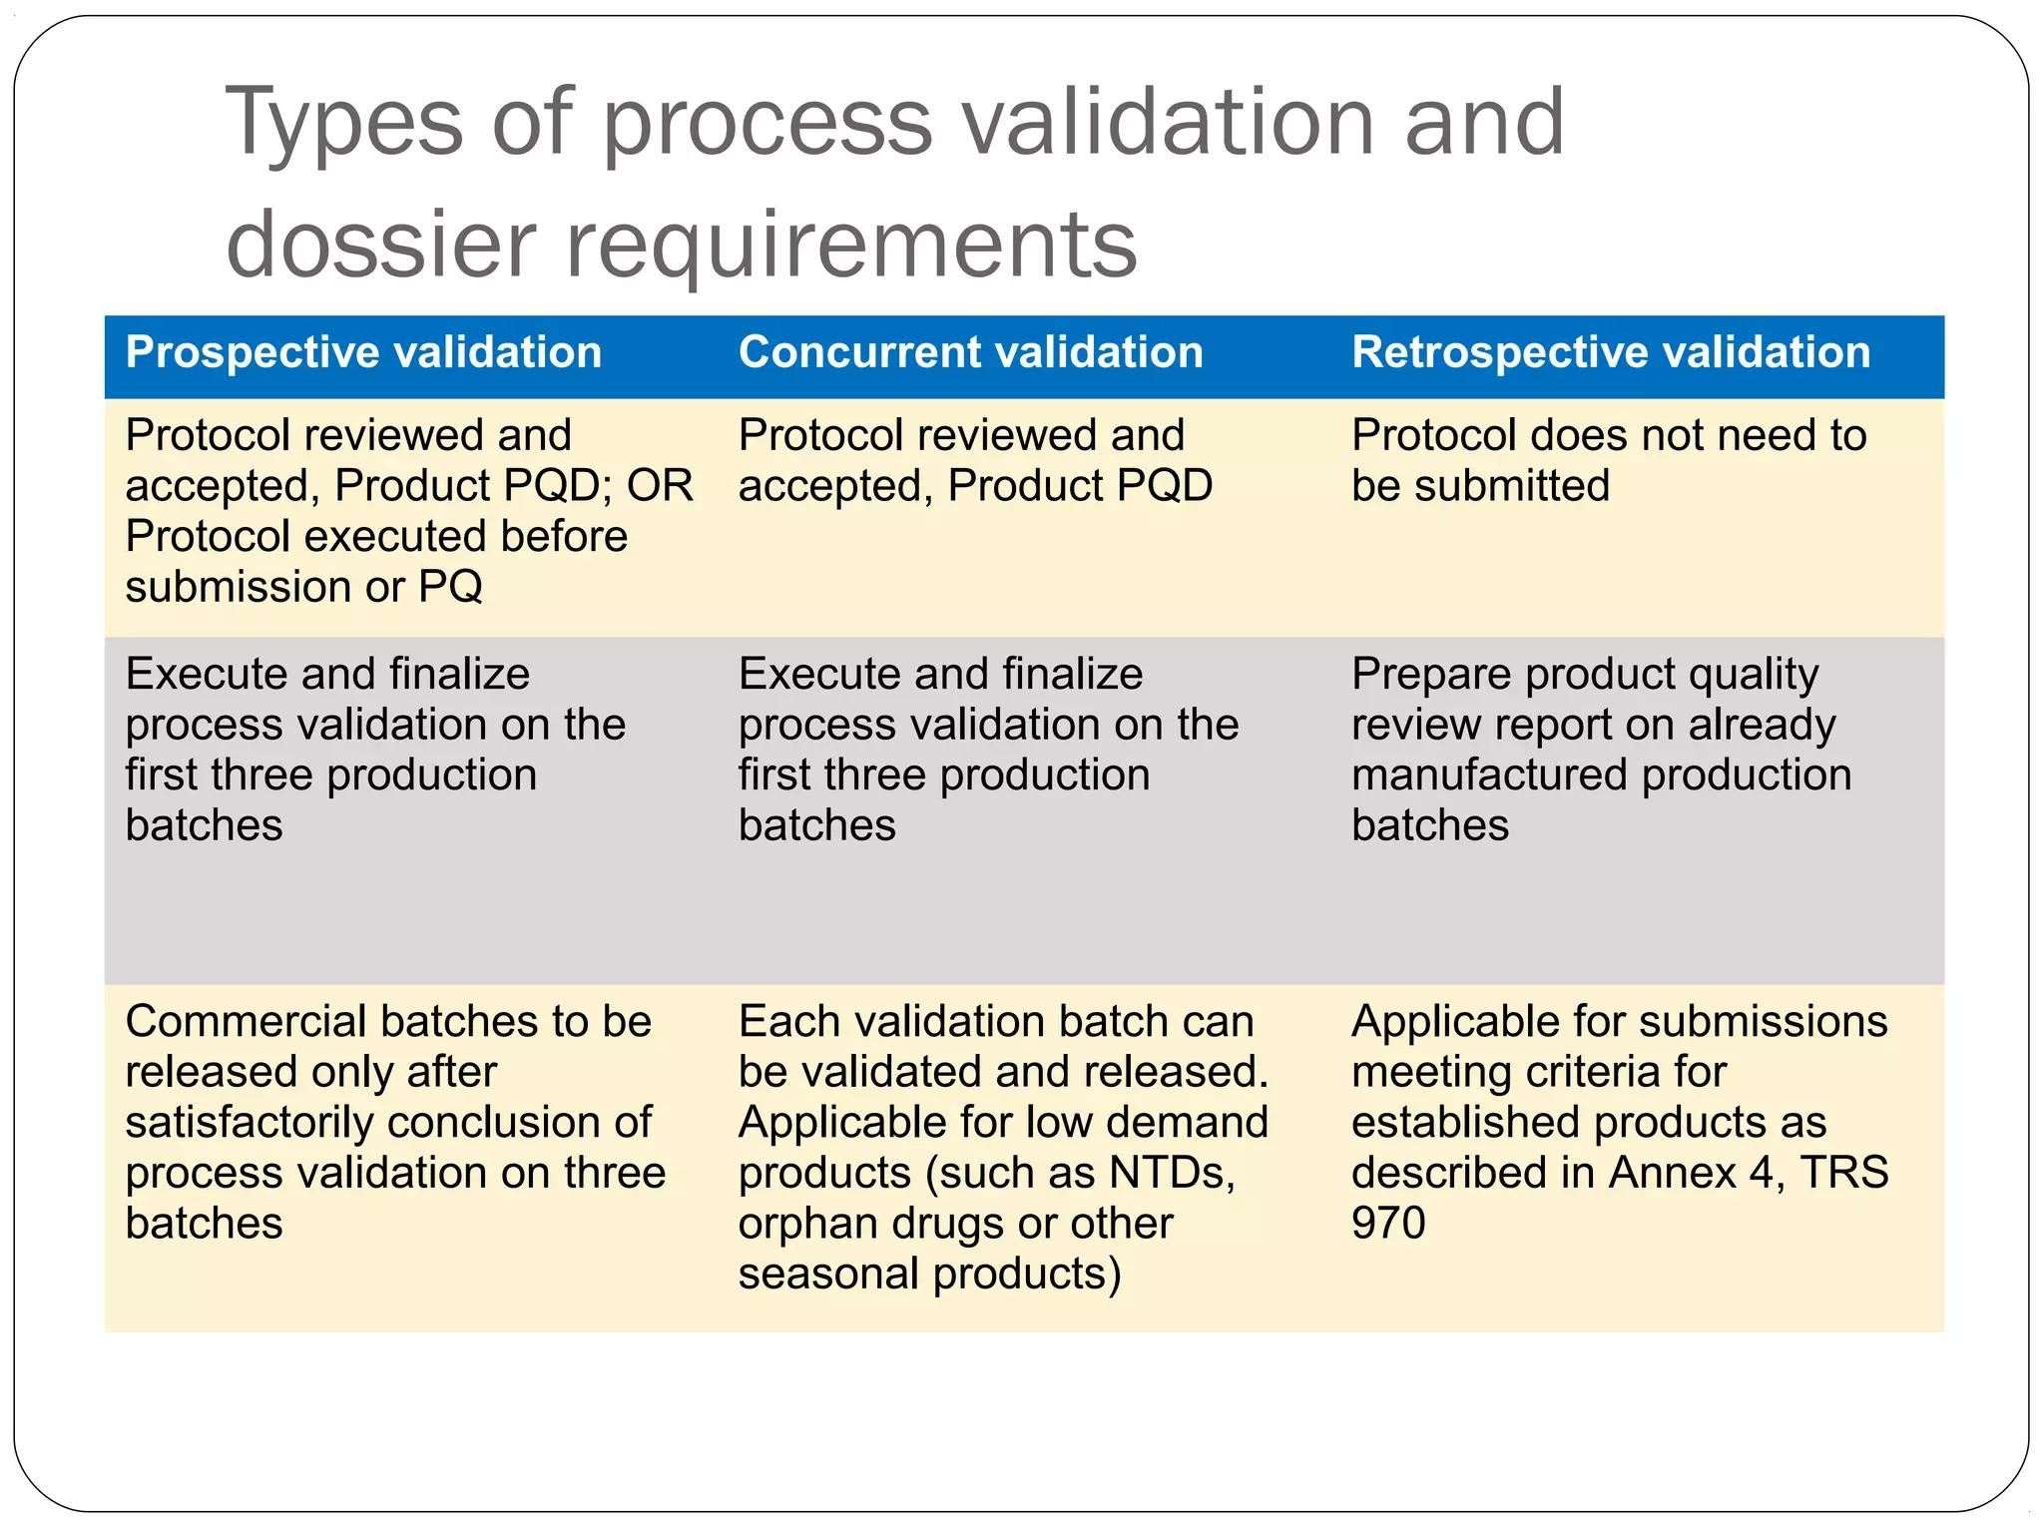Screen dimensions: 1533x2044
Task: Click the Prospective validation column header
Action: pos(363,352)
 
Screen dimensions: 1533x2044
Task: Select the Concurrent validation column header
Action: pos(970,352)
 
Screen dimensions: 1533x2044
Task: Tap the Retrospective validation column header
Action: pos(1610,352)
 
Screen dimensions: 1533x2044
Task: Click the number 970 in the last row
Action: pos(1388,1223)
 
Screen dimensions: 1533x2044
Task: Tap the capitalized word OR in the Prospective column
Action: pos(659,486)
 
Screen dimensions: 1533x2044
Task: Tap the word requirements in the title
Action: pos(851,245)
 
